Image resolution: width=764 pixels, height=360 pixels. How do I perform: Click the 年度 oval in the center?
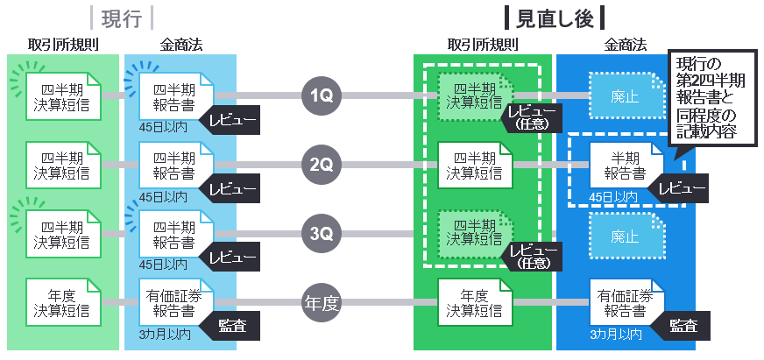pyautogui.click(x=322, y=303)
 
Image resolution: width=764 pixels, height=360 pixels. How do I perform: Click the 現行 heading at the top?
pyautogui.click(x=122, y=18)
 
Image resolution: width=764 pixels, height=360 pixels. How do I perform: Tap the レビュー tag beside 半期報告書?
pyautogui.click(x=682, y=188)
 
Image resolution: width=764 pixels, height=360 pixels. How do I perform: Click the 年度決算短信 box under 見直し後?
pyautogui.click(x=476, y=303)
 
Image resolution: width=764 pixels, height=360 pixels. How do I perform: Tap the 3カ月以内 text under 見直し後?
pyautogui.click(x=615, y=335)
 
